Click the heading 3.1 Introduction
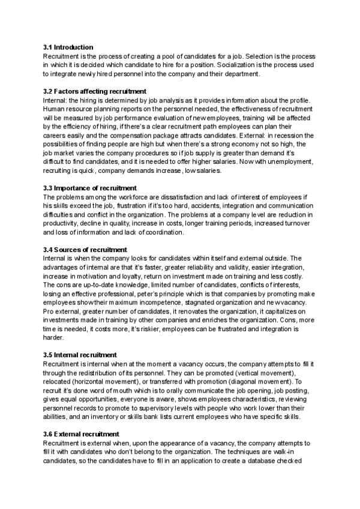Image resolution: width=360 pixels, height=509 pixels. pos(68,47)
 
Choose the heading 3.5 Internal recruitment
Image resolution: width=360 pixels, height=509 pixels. pos(80,355)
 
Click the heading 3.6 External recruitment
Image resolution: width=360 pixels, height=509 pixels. pos(81,434)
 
